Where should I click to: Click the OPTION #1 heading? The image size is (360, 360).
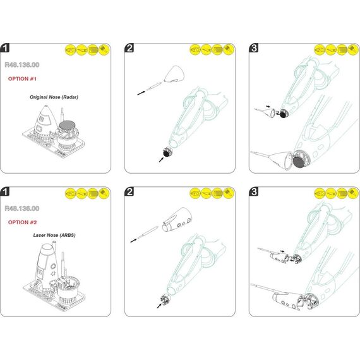(22, 79)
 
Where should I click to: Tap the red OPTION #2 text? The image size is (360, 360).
(22, 222)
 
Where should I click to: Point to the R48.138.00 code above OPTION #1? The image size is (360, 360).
(22, 65)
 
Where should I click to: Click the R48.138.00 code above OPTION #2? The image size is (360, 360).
(22, 208)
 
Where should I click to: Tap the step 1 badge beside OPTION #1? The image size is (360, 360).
(5, 48)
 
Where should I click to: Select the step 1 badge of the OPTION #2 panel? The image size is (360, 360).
(5, 191)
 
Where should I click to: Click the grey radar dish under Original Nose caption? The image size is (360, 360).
(67, 126)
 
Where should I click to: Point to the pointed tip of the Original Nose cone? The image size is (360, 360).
(46, 105)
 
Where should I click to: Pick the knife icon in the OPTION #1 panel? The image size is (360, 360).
(81, 50)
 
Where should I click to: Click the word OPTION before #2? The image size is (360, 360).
(18, 222)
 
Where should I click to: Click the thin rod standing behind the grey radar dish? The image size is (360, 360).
(61, 114)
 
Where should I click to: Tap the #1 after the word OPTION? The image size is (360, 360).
(33, 79)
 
